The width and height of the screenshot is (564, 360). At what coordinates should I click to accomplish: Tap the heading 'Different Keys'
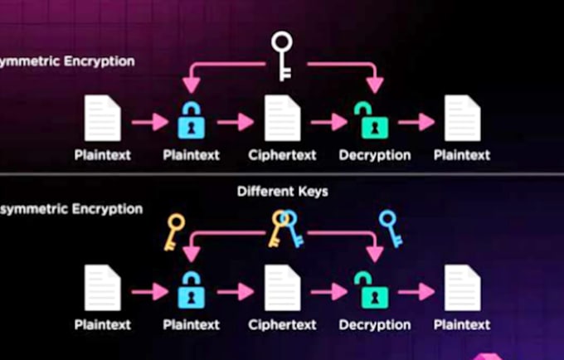click(282, 192)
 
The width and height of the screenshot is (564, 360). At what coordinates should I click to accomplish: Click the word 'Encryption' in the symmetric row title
click(100, 61)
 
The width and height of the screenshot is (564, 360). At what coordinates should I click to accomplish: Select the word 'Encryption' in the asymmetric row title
click(107, 209)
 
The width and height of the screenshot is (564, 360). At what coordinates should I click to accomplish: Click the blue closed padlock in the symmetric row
click(192, 120)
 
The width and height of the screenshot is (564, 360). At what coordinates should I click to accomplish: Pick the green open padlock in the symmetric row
click(372, 120)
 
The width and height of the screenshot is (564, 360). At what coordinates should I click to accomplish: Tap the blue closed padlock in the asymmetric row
click(192, 289)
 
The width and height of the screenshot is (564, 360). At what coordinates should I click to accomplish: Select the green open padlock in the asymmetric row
click(372, 289)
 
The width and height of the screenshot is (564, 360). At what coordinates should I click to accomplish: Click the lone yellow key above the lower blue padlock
click(174, 232)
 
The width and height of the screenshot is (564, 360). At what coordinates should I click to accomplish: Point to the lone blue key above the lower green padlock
click(391, 229)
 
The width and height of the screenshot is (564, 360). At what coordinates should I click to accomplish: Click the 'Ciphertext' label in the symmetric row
click(282, 155)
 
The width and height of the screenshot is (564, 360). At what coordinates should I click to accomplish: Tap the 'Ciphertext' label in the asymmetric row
click(282, 325)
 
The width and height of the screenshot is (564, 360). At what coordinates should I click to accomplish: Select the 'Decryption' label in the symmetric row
click(375, 155)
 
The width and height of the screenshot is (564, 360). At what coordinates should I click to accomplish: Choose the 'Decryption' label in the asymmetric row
click(375, 325)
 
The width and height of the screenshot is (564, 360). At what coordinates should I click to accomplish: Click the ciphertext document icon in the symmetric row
click(283, 118)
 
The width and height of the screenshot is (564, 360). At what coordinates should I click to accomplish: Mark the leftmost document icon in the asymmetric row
click(103, 288)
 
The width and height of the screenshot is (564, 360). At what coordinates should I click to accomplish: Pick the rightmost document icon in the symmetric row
click(463, 118)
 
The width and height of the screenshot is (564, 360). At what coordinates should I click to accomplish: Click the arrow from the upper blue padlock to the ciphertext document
click(236, 122)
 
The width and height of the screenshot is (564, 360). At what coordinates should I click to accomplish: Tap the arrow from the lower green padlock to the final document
click(416, 292)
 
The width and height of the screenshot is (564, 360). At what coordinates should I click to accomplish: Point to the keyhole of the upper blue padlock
click(192, 127)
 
